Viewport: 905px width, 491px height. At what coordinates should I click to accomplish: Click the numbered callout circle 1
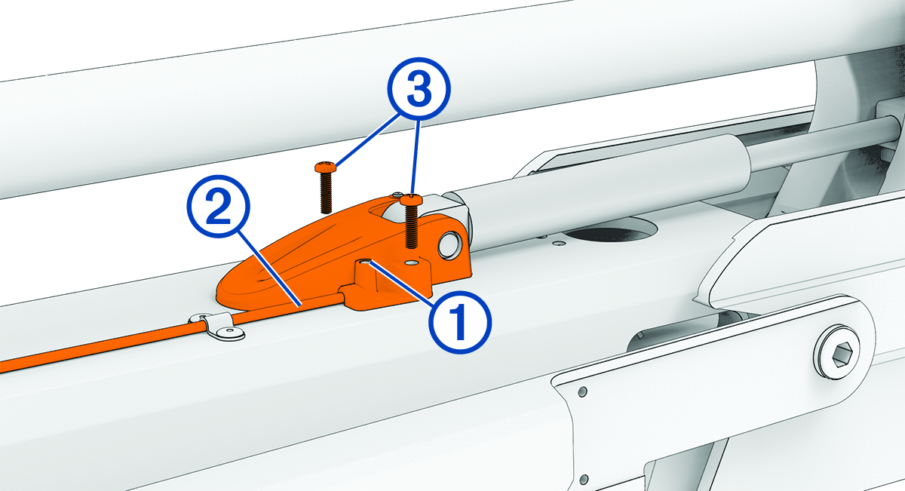point(461,322)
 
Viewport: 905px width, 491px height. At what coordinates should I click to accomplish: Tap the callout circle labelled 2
point(219,207)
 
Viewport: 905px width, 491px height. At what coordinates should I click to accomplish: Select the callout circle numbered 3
point(419,88)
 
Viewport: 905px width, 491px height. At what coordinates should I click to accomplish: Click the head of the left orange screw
point(325,167)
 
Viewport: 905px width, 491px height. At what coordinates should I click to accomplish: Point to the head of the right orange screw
point(412,199)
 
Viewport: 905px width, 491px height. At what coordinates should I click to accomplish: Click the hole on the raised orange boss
point(365,262)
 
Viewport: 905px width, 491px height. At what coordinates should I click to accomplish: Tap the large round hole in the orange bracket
point(449,245)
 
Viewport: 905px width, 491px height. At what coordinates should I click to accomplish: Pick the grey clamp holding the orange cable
point(216,325)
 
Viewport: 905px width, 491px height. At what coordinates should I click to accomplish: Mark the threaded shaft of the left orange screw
point(326,192)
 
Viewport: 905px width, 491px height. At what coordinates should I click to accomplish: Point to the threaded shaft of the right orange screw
point(411,226)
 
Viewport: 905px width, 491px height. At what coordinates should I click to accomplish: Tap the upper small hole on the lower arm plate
point(582,391)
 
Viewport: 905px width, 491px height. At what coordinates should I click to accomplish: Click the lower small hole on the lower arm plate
point(584,480)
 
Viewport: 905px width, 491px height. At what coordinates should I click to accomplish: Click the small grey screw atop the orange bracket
point(398,195)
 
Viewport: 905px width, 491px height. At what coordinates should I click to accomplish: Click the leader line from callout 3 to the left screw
point(369,140)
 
